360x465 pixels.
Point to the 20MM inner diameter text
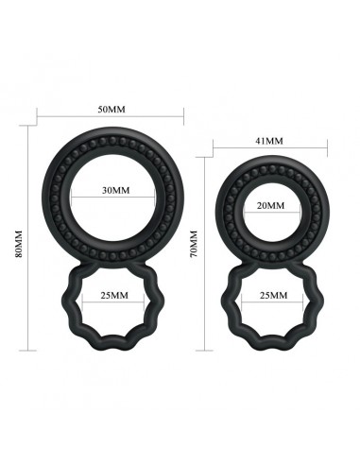[x=269, y=205]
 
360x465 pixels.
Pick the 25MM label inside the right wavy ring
[x=269, y=296]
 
